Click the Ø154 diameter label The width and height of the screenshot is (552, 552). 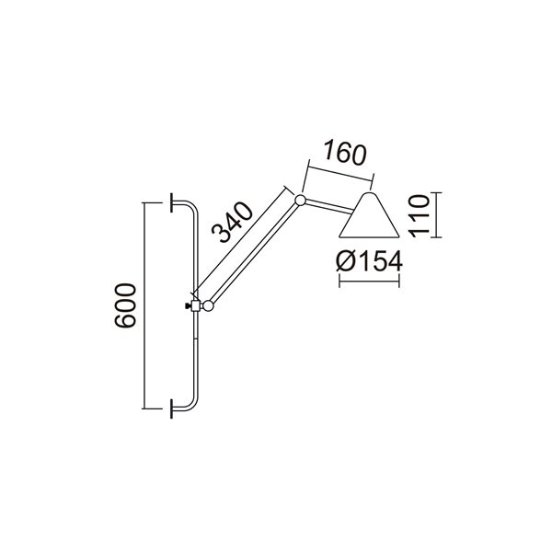370,261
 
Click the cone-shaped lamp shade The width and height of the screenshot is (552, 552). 369,217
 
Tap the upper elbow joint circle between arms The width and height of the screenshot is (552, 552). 300,199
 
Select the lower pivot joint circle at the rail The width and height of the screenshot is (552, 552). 209,305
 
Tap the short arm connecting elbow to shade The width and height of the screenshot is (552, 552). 329,204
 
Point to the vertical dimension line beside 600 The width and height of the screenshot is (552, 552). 144,305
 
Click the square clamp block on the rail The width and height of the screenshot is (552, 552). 196,305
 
